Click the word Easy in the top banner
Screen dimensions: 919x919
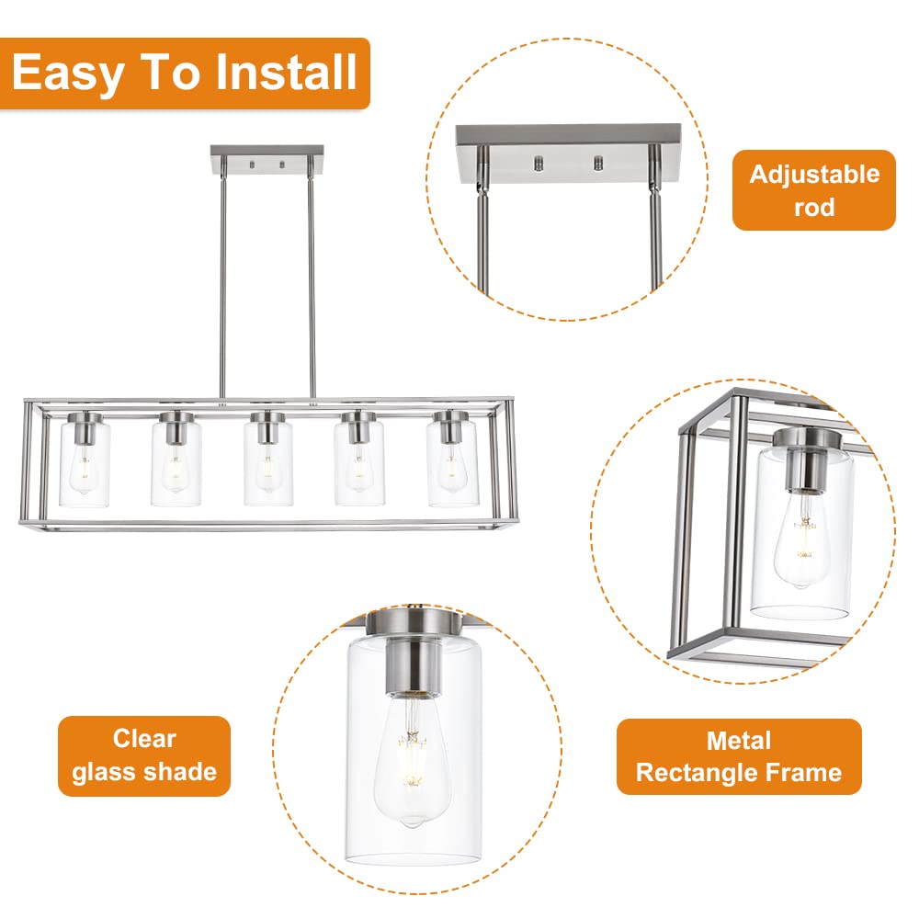(x=68, y=73)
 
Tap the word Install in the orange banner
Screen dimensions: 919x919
(x=286, y=72)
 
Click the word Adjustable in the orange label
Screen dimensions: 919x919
(x=814, y=174)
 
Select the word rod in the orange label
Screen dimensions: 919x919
(x=814, y=207)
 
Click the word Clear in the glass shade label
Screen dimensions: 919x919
(x=144, y=739)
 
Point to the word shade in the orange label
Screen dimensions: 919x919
(x=180, y=771)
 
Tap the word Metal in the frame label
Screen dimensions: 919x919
(x=739, y=741)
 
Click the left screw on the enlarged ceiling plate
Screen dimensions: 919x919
(x=538, y=163)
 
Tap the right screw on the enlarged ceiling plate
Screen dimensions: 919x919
(x=598, y=163)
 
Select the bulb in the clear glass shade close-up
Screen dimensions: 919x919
(x=413, y=762)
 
